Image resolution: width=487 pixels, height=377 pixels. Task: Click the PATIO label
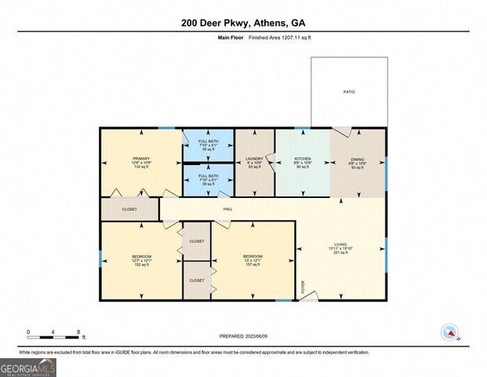point(349,92)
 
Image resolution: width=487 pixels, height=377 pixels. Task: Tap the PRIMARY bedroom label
point(140,159)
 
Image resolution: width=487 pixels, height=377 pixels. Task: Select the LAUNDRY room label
point(253,159)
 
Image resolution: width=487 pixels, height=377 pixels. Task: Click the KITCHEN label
point(303,159)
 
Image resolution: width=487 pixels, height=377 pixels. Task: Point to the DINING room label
point(358,159)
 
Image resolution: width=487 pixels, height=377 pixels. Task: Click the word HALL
point(227,209)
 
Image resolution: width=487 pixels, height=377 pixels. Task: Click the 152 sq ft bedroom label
point(141,257)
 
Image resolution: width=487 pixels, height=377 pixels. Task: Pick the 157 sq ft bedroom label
point(252,257)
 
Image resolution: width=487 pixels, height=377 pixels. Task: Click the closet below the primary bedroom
point(129,210)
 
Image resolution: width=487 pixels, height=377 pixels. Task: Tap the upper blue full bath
point(208,144)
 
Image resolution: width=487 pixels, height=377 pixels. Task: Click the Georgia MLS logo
point(27,367)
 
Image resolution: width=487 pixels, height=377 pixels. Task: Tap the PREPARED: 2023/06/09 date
point(243,336)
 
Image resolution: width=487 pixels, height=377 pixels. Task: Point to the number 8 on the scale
point(78,331)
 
